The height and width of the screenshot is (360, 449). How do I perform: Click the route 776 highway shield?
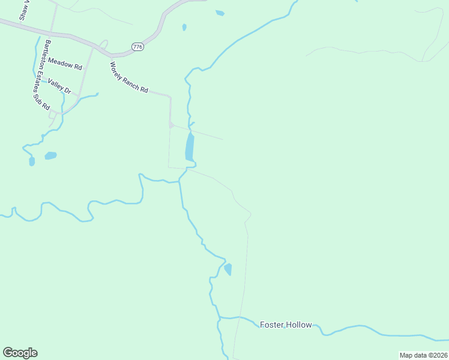pyautogui.click(x=138, y=47)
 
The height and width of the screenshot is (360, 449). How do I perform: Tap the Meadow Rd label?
pyautogui.click(x=64, y=62)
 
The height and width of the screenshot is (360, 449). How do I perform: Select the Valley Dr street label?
pyautogui.click(x=59, y=86)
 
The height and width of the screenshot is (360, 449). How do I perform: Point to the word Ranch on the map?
pyautogui.click(x=130, y=80)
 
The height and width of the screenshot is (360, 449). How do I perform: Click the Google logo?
pyautogui.click(x=20, y=353)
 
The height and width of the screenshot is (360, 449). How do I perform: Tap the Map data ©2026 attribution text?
pyautogui.click(x=423, y=355)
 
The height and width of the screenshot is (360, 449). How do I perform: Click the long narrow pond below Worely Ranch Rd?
pyautogui.click(x=190, y=148)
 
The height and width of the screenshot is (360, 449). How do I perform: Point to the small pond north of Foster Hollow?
pyautogui.click(x=228, y=269)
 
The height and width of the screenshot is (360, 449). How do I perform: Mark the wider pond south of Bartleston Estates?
pyautogui.click(x=50, y=155)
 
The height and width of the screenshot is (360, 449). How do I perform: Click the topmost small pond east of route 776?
pyautogui.click(x=220, y=13)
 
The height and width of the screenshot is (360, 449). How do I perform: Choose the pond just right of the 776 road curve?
pyautogui.click(x=184, y=27)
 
